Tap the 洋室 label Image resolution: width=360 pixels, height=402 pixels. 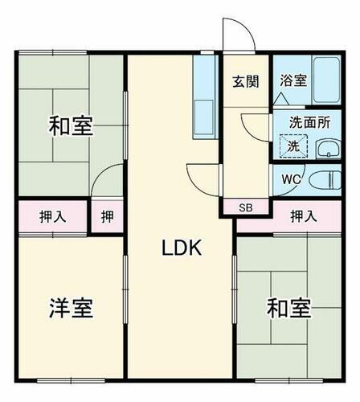(71, 308)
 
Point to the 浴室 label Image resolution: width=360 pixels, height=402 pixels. (292, 80)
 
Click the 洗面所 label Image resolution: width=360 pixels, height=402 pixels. (309, 124)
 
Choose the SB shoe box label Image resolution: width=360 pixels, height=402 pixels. (245, 208)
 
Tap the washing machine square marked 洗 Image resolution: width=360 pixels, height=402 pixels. (293, 146)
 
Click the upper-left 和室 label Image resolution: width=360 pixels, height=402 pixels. (71, 126)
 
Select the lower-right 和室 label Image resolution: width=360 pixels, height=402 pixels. (288, 308)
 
